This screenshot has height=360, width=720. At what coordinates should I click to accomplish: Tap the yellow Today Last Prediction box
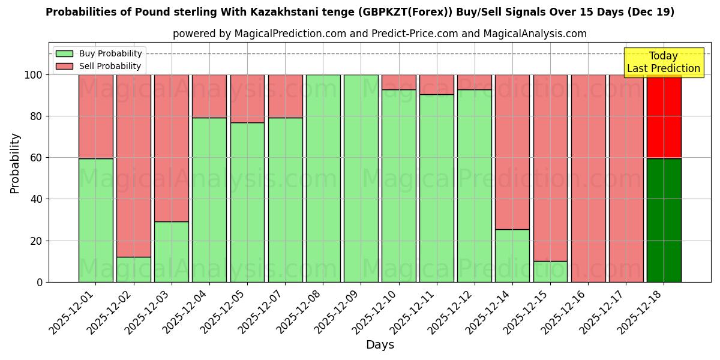[x=663, y=62]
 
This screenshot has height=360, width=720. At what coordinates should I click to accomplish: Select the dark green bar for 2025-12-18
[x=664, y=220]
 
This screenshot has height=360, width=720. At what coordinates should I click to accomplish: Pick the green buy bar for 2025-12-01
[x=96, y=220]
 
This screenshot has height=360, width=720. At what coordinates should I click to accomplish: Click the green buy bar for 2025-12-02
[x=134, y=269]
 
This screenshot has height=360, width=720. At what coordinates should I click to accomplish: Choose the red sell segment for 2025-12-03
[x=172, y=148]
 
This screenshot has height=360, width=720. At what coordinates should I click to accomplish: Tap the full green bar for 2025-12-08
[x=323, y=178]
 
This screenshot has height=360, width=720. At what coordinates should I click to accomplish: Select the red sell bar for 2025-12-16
[x=588, y=178]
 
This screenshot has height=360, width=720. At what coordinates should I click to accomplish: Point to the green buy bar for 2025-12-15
[x=550, y=271]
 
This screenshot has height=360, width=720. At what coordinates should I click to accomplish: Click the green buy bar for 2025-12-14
[x=512, y=256]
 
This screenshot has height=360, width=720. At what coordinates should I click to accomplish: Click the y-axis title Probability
[x=15, y=163]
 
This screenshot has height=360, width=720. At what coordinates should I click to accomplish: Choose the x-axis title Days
[x=380, y=345]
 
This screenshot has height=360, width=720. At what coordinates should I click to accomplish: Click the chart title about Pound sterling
[x=360, y=12]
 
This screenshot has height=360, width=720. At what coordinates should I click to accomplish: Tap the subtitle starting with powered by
[x=380, y=34]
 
